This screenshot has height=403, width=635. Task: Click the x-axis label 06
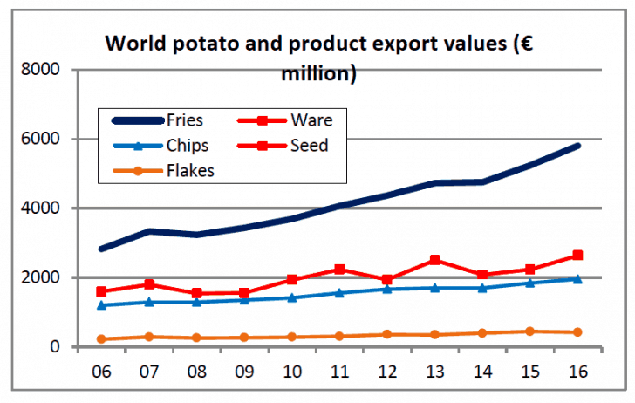103,371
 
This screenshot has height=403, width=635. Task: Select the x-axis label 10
292,371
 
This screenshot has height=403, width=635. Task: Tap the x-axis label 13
434,371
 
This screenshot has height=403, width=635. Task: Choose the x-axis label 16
577,371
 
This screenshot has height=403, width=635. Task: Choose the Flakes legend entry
188,170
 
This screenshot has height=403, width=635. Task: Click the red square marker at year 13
434,260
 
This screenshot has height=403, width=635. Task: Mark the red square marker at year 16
577,256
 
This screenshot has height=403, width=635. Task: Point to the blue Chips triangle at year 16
577,279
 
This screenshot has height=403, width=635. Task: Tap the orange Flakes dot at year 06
103,339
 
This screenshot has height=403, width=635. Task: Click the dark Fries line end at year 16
577,146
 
